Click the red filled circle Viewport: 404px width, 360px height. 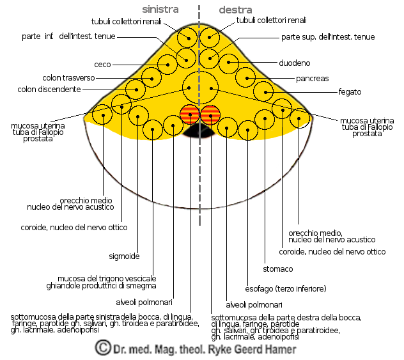(210, 115)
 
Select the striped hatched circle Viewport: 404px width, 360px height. (190, 114)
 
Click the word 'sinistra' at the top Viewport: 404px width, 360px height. (160, 10)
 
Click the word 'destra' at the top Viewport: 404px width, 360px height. (236, 10)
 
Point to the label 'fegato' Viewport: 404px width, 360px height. (350, 92)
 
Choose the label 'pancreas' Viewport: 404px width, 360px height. (313, 78)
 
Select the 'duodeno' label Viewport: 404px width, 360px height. (295, 63)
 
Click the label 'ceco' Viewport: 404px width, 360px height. (103, 65)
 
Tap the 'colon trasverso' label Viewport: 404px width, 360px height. (68, 78)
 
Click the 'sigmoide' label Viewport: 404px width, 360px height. (124, 256)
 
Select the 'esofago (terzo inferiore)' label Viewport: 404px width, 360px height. (286, 288)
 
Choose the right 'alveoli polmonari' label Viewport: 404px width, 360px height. (254, 304)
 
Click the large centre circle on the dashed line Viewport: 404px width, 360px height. (200, 87)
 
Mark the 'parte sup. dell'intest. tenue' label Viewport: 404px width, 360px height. (328, 36)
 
